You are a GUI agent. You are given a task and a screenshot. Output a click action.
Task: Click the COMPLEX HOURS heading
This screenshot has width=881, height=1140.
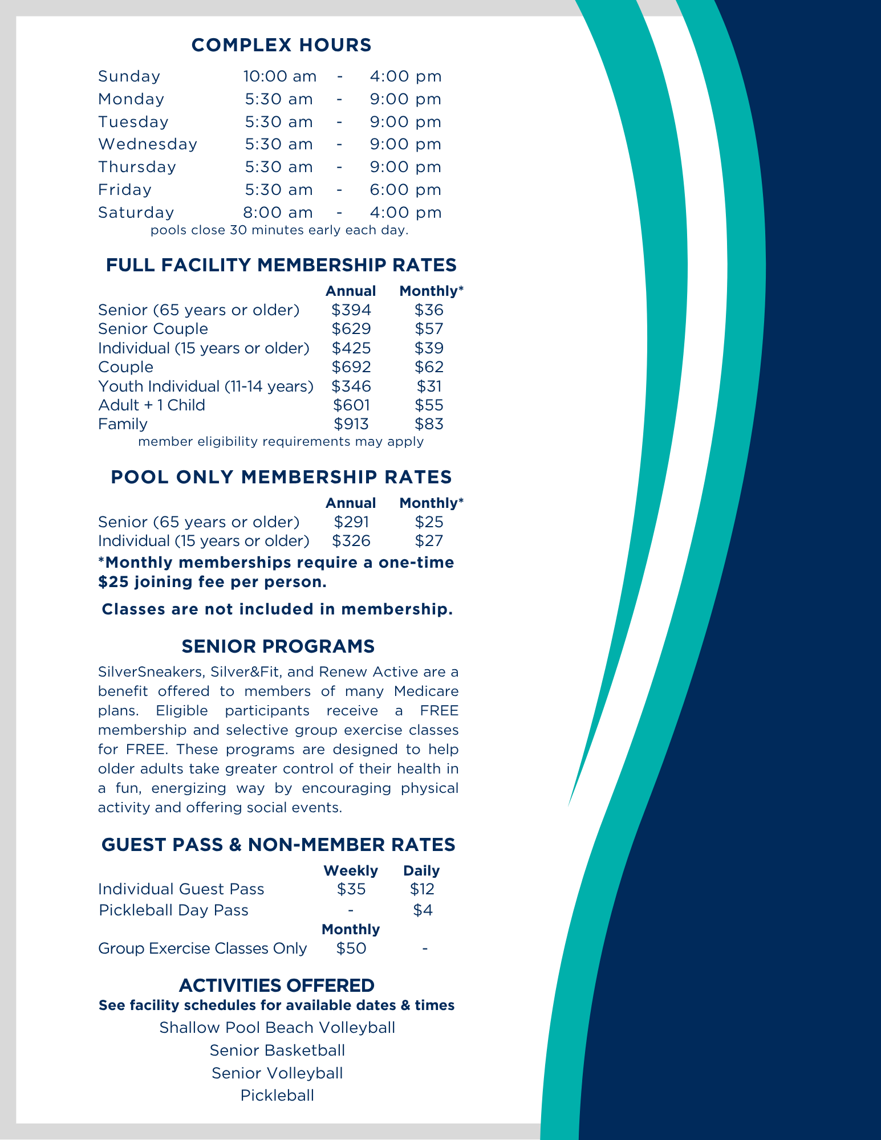281,45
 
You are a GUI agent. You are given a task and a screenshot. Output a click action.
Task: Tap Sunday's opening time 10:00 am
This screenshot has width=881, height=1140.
279,76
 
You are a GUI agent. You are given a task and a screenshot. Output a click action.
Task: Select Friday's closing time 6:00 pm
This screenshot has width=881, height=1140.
405,190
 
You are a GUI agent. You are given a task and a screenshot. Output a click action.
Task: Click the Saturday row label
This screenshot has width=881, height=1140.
136,213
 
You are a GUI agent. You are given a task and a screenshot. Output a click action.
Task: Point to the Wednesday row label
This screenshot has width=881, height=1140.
147,144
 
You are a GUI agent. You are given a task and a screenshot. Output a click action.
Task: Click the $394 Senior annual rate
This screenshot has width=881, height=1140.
351,310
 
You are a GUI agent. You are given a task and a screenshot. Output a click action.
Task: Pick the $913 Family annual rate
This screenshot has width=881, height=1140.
351,424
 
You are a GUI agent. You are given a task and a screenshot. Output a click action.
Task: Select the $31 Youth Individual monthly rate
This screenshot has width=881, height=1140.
429,386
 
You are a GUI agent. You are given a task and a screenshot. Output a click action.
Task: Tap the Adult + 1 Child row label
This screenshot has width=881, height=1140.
151,405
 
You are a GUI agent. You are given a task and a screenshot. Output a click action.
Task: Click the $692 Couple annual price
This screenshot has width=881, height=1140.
351,367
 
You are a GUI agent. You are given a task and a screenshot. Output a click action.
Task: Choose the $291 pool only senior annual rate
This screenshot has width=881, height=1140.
351,522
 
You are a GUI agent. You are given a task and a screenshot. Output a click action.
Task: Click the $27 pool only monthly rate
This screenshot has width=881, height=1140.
429,541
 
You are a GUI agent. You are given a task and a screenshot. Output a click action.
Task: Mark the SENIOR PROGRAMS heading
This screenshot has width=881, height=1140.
278,646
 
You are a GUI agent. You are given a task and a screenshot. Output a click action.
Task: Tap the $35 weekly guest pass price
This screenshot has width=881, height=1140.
351,889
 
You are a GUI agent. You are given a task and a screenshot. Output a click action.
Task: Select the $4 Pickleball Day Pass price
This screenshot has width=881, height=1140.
423,910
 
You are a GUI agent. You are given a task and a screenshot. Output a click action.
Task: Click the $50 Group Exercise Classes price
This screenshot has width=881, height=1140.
351,948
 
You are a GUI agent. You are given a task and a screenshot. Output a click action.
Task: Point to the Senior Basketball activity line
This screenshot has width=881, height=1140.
277,1051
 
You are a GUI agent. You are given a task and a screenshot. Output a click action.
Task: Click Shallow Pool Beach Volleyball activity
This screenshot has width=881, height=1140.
277,1028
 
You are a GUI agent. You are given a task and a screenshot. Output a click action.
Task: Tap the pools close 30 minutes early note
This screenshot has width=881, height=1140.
279,231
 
